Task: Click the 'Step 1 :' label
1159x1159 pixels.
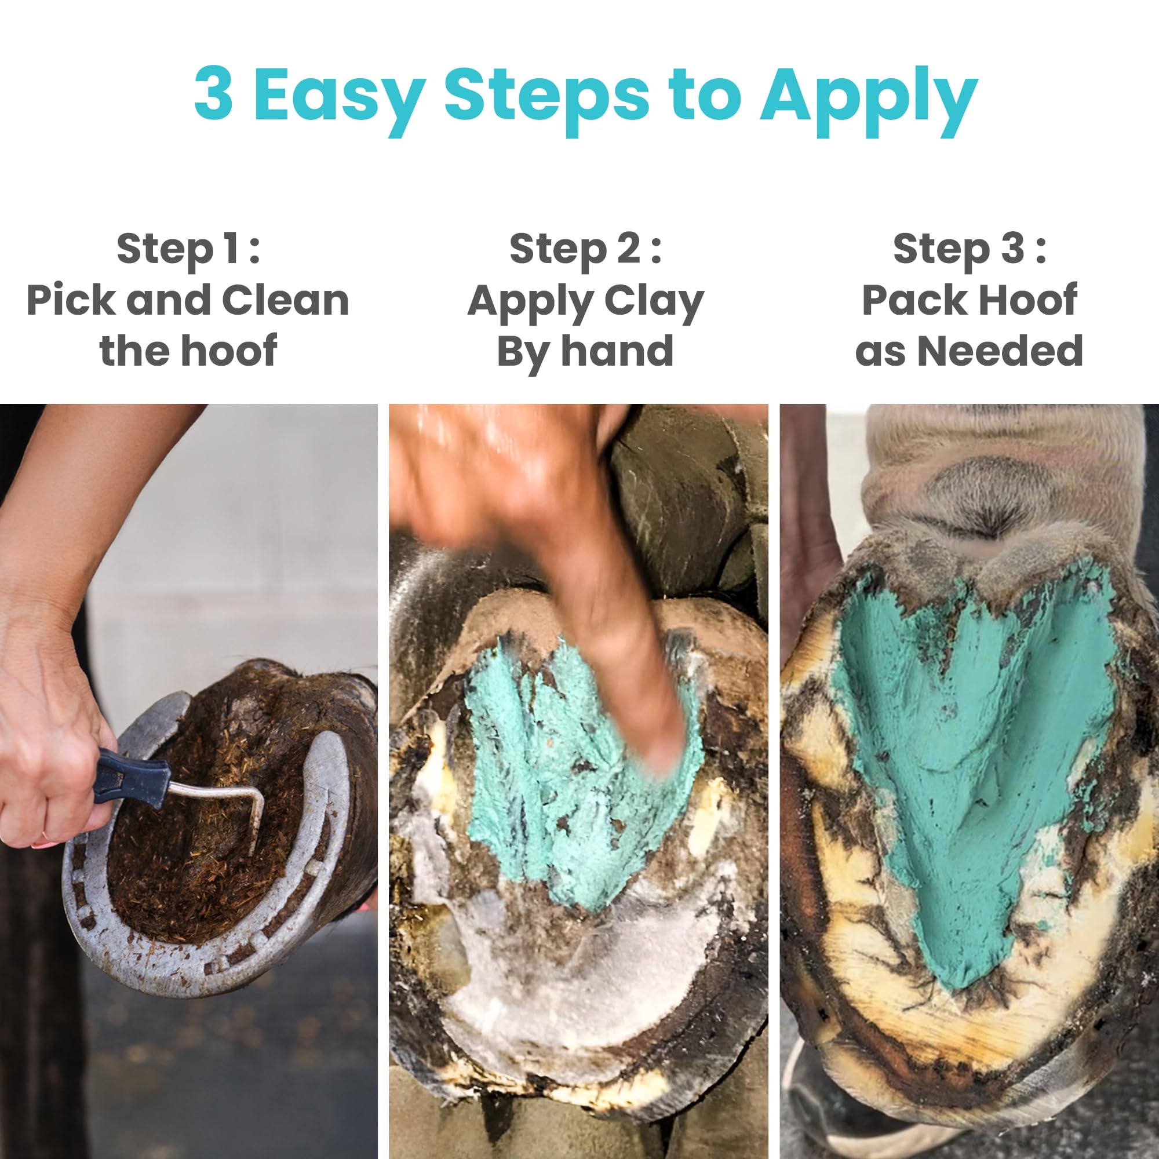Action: pyautogui.click(x=188, y=249)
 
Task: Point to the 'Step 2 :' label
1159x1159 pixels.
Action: pyautogui.click(x=585, y=249)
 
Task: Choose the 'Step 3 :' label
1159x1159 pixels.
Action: pyautogui.click(x=970, y=249)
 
